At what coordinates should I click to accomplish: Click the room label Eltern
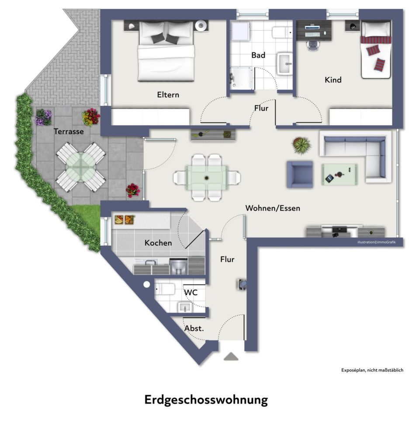[x=168, y=94]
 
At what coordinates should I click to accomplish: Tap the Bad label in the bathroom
[x=258, y=55]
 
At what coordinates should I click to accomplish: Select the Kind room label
[x=333, y=80]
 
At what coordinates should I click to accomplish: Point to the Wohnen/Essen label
[x=273, y=208]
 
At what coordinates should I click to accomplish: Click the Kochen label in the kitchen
[x=158, y=243]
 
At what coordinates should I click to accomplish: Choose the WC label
[x=191, y=292]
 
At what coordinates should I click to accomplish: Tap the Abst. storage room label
[x=194, y=328]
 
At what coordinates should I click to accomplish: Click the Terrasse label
[x=69, y=131]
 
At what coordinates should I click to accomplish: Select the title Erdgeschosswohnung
[x=206, y=400]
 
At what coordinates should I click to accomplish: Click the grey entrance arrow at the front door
[x=231, y=357]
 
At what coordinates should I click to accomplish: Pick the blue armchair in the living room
[x=299, y=174]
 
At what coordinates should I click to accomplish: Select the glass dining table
[x=206, y=177]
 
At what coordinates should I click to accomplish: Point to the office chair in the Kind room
[x=312, y=45]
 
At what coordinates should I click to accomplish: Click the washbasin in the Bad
[x=285, y=64]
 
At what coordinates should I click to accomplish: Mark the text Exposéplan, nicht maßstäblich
[x=372, y=370]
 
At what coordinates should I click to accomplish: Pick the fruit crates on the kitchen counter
[x=124, y=219]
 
